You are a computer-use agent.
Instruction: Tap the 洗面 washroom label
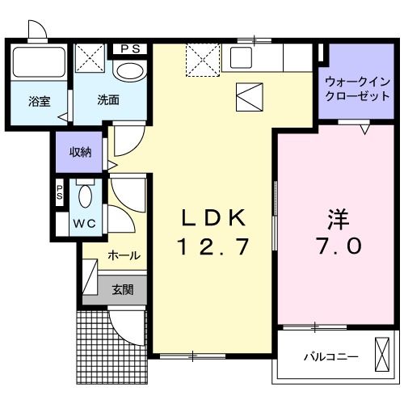[108, 101]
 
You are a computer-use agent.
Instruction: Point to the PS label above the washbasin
[130, 48]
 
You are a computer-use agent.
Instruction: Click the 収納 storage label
[79, 152]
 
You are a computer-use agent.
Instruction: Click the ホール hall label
[124, 255]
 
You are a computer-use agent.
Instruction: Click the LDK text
[213, 217]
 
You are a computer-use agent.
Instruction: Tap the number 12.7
[212, 244]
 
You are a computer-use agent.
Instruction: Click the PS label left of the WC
[60, 192]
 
